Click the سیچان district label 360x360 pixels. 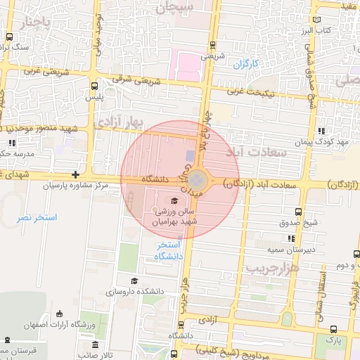pyautogui.click(x=174, y=8)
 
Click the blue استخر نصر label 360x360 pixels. pyautogui.click(x=37, y=218)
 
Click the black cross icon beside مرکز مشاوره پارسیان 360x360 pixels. pyautogui.click(x=75, y=174)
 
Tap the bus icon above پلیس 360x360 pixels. pyautogui.click(x=94, y=85)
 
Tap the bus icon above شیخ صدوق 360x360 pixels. pyautogui.click(x=298, y=212)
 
